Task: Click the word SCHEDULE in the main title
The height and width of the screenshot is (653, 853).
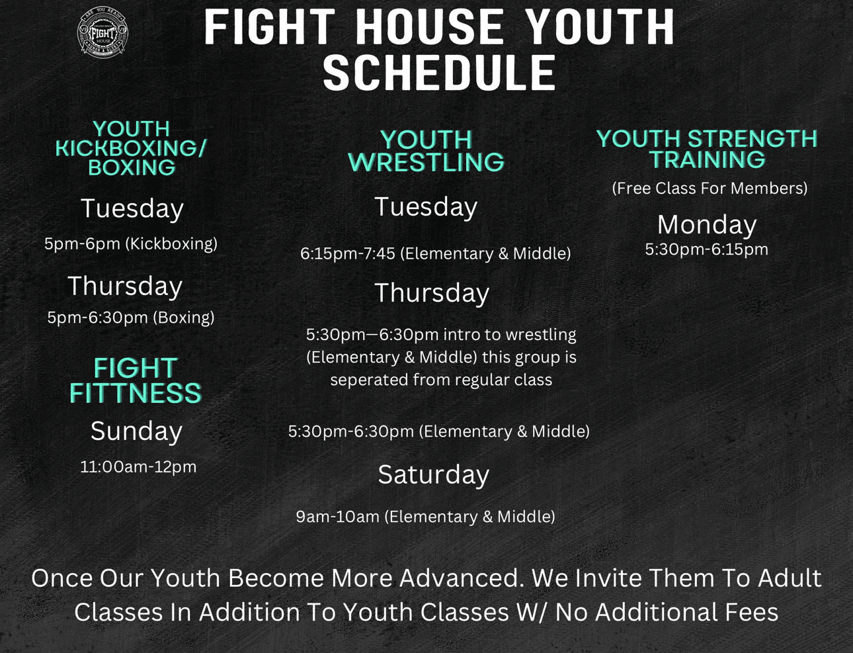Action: (x=439, y=73)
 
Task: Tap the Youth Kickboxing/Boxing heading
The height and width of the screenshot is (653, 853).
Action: (x=132, y=148)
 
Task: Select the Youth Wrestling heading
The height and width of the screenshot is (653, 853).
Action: (x=426, y=151)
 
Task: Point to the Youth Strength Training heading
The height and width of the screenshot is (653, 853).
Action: (x=708, y=150)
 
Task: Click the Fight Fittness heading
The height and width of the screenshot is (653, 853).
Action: (x=136, y=380)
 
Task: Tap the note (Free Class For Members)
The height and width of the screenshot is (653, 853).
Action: (x=710, y=189)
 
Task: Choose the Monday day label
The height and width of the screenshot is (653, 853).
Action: (x=707, y=225)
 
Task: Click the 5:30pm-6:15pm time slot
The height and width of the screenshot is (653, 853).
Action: (x=706, y=249)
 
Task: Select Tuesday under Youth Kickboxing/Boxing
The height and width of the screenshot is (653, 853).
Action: (x=132, y=208)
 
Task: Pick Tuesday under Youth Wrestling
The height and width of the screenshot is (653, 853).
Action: (x=426, y=207)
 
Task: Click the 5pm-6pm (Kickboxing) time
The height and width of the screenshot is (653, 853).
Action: (x=130, y=244)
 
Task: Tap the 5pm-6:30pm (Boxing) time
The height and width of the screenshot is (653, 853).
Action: (x=130, y=318)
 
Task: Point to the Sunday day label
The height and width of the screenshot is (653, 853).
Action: (x=136, y=431)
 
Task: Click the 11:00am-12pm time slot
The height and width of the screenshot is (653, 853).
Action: (x=138, y=467)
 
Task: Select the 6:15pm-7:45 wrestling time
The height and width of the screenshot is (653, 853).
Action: (x=435, y=254)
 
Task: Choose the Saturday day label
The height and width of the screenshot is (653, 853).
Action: (x=433, y=474)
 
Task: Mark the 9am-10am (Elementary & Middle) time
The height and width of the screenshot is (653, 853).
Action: (x=426, y=517)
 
